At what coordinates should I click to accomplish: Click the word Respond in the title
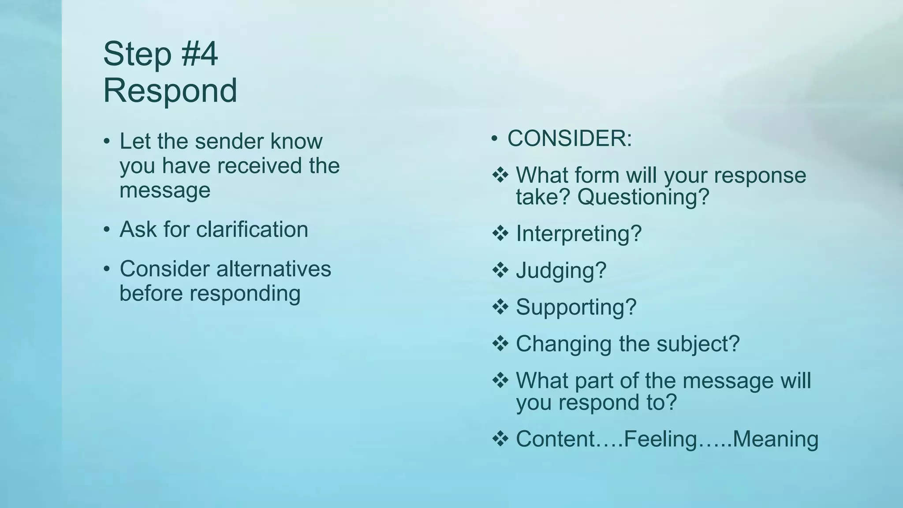point(170,90)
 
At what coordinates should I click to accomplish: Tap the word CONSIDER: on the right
point(570,138)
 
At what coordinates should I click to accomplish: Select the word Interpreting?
point(578,233)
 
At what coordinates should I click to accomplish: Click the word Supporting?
point(576,307)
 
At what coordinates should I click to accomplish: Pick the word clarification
point(252,229)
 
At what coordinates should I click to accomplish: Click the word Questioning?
point(643,197)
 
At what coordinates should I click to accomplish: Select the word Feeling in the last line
point(660,439)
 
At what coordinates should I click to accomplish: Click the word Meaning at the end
point(775,439)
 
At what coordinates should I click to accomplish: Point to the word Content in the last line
point(555,439)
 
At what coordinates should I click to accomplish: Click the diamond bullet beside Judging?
point(500,270)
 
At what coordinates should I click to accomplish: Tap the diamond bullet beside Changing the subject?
point(500,344)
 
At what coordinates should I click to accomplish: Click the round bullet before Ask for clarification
point(107,230)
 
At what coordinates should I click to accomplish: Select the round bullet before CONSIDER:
point(494,139)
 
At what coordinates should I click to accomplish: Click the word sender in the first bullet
point(230,141)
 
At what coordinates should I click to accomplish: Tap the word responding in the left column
point(245,294)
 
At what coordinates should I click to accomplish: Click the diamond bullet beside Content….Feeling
point(500,439)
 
